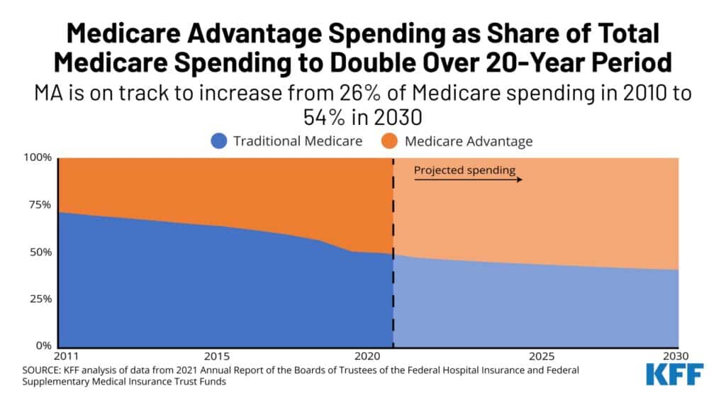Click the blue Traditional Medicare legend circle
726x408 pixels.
[219, 140]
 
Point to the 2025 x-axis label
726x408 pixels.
[542, 355]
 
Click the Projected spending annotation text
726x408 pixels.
[464, 170]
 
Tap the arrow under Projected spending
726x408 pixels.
[468, 180]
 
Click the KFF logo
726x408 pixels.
[675, 375]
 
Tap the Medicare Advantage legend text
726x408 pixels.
[469, 140]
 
